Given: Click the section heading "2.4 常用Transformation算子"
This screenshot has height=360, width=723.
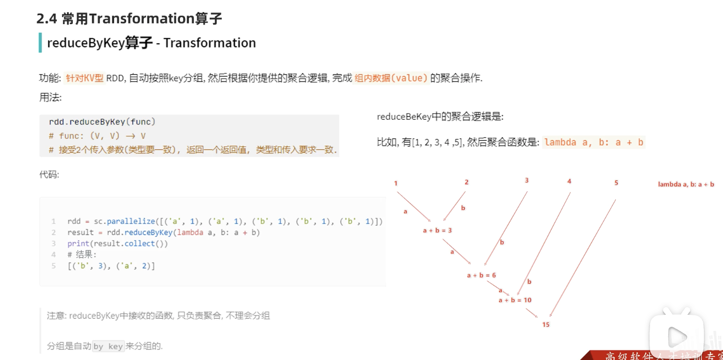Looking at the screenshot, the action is point(129,19).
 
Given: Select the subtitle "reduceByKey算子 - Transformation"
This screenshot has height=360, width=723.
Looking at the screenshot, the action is point(151,43).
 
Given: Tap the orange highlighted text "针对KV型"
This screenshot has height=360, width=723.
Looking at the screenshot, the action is point(84,78).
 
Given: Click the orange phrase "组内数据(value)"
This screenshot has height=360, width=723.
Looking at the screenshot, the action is point(391,78).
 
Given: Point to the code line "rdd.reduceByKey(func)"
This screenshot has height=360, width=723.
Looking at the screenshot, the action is point(102,122).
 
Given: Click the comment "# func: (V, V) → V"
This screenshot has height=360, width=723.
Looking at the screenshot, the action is point(97,136).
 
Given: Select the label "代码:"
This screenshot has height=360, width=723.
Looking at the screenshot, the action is point(49,175).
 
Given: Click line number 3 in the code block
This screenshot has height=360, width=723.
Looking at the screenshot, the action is point(53,243).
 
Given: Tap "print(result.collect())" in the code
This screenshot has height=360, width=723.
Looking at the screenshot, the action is point(118,243).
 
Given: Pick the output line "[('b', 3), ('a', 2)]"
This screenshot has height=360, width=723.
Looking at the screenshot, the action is point(111,265).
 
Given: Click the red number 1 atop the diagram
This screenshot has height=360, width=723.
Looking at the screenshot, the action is point(396,184).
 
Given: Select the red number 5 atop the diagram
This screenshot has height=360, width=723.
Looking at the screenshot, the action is point(616,183).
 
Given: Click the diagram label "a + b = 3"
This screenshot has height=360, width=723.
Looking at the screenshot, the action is point(437,231).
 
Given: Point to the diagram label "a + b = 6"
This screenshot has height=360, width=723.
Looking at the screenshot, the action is point(481,275).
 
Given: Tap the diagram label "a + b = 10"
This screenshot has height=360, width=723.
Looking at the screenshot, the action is point(515,300).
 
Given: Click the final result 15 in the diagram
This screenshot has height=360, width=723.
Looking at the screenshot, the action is point(546,325).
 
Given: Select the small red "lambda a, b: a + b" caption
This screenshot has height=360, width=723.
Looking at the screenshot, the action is point(686,185).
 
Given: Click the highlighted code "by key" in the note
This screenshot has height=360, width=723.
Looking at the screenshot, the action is point(108,346).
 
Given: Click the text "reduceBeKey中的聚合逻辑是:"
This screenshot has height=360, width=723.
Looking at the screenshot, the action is point(440,117).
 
